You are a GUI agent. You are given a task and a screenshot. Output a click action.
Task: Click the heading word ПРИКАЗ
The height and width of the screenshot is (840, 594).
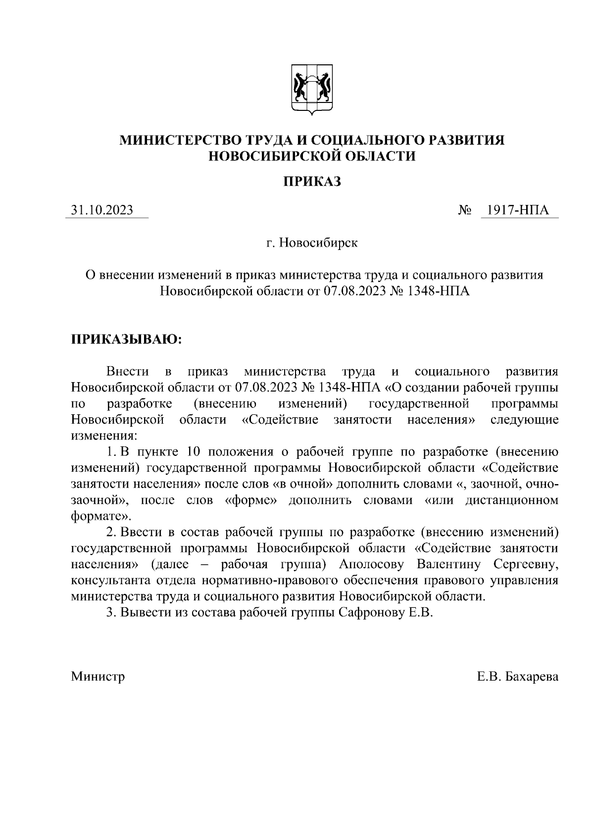(312, 182)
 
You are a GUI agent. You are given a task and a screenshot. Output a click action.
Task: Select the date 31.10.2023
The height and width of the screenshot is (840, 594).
(102, 210)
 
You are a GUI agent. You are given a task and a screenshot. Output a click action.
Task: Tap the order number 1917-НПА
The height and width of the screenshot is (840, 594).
(517, 210)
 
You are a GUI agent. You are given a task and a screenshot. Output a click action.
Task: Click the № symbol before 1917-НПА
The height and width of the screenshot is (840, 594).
(464, 210)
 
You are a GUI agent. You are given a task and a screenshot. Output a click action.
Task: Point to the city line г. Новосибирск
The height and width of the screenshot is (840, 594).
(312, 243)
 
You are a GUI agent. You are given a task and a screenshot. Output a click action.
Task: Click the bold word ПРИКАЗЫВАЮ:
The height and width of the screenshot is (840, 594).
(127, 340)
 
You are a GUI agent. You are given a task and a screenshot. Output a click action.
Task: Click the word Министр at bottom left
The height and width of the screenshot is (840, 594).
(98, 676)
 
